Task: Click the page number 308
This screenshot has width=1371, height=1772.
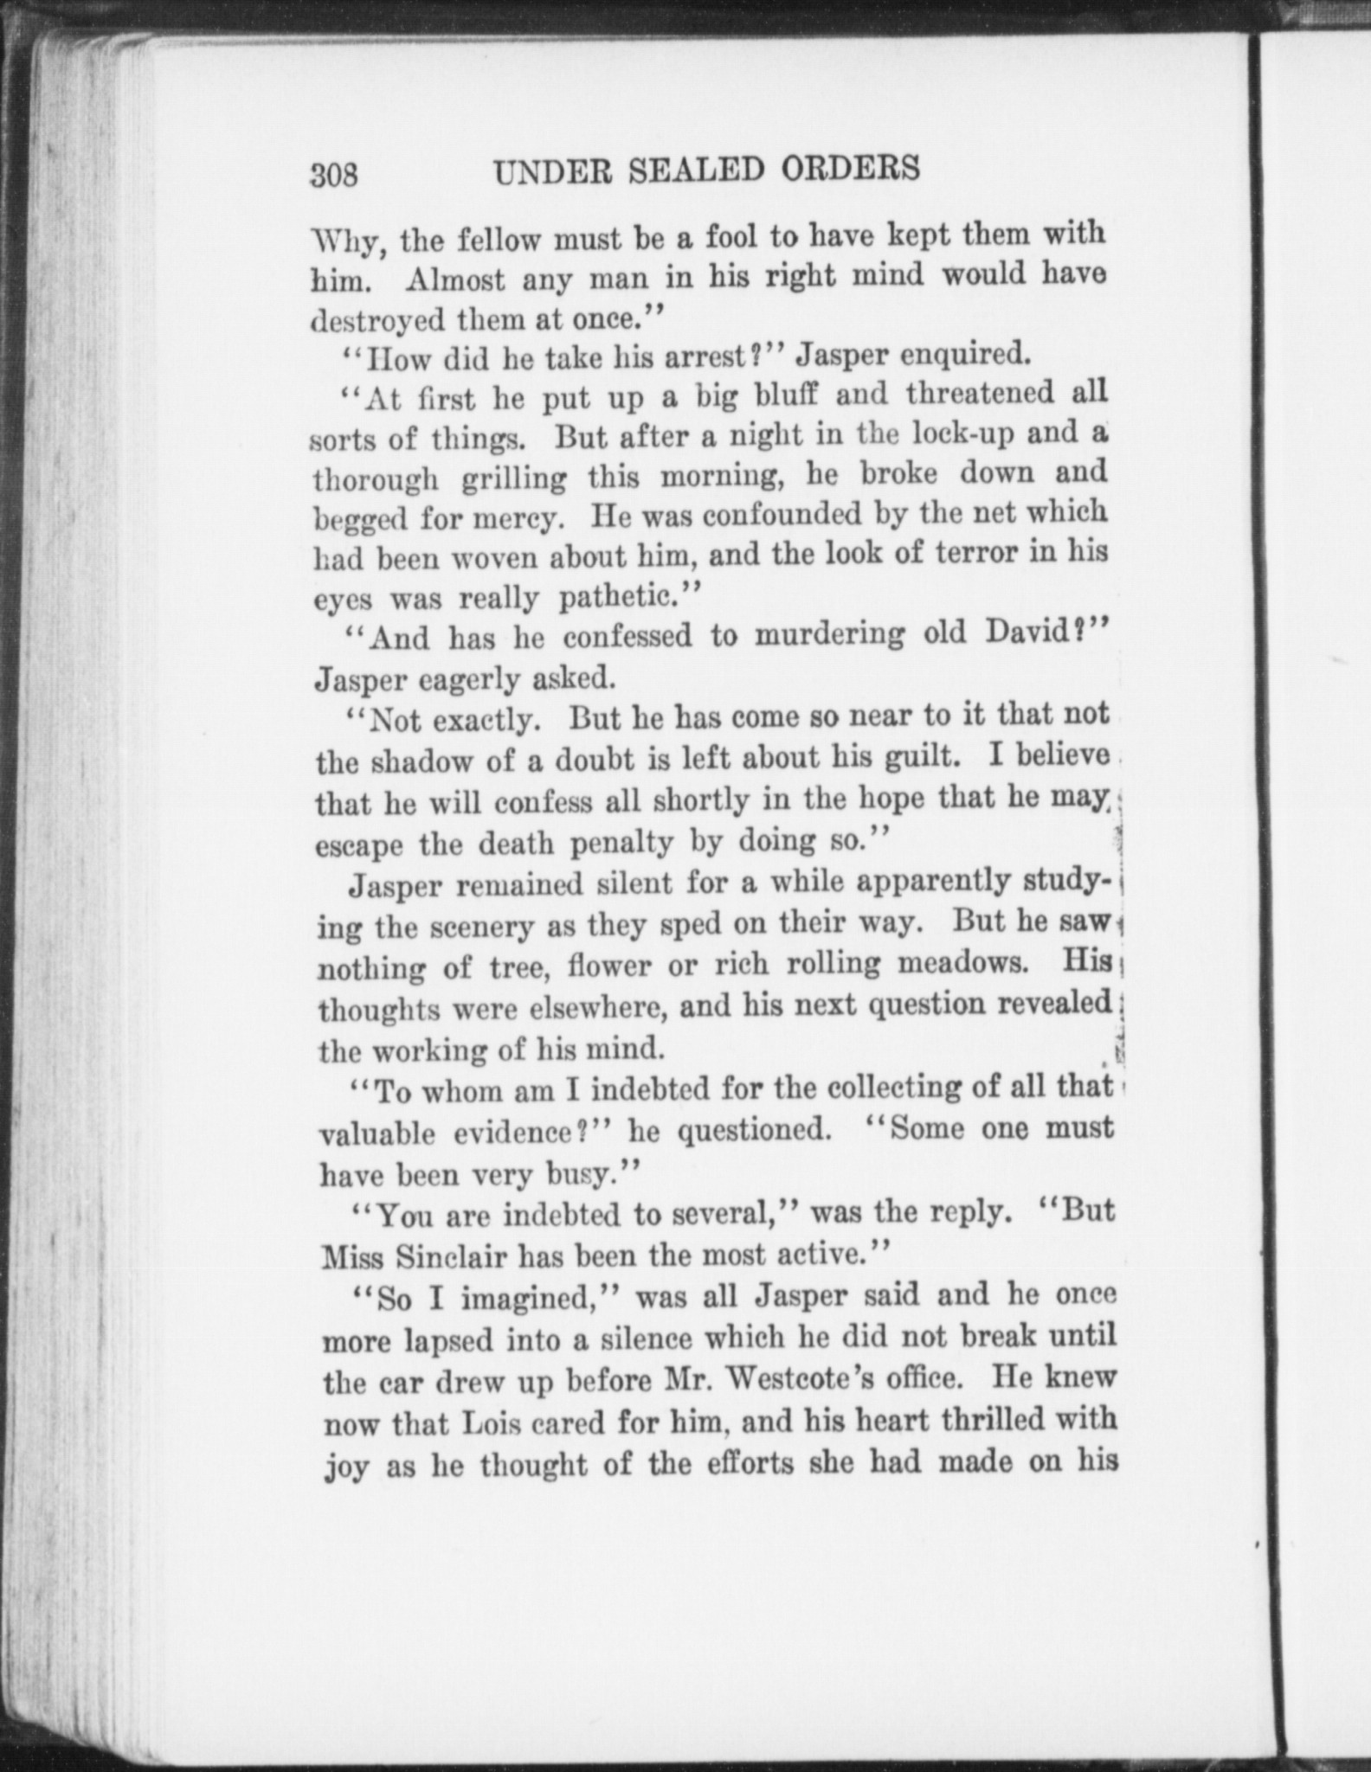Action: (335, 175)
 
